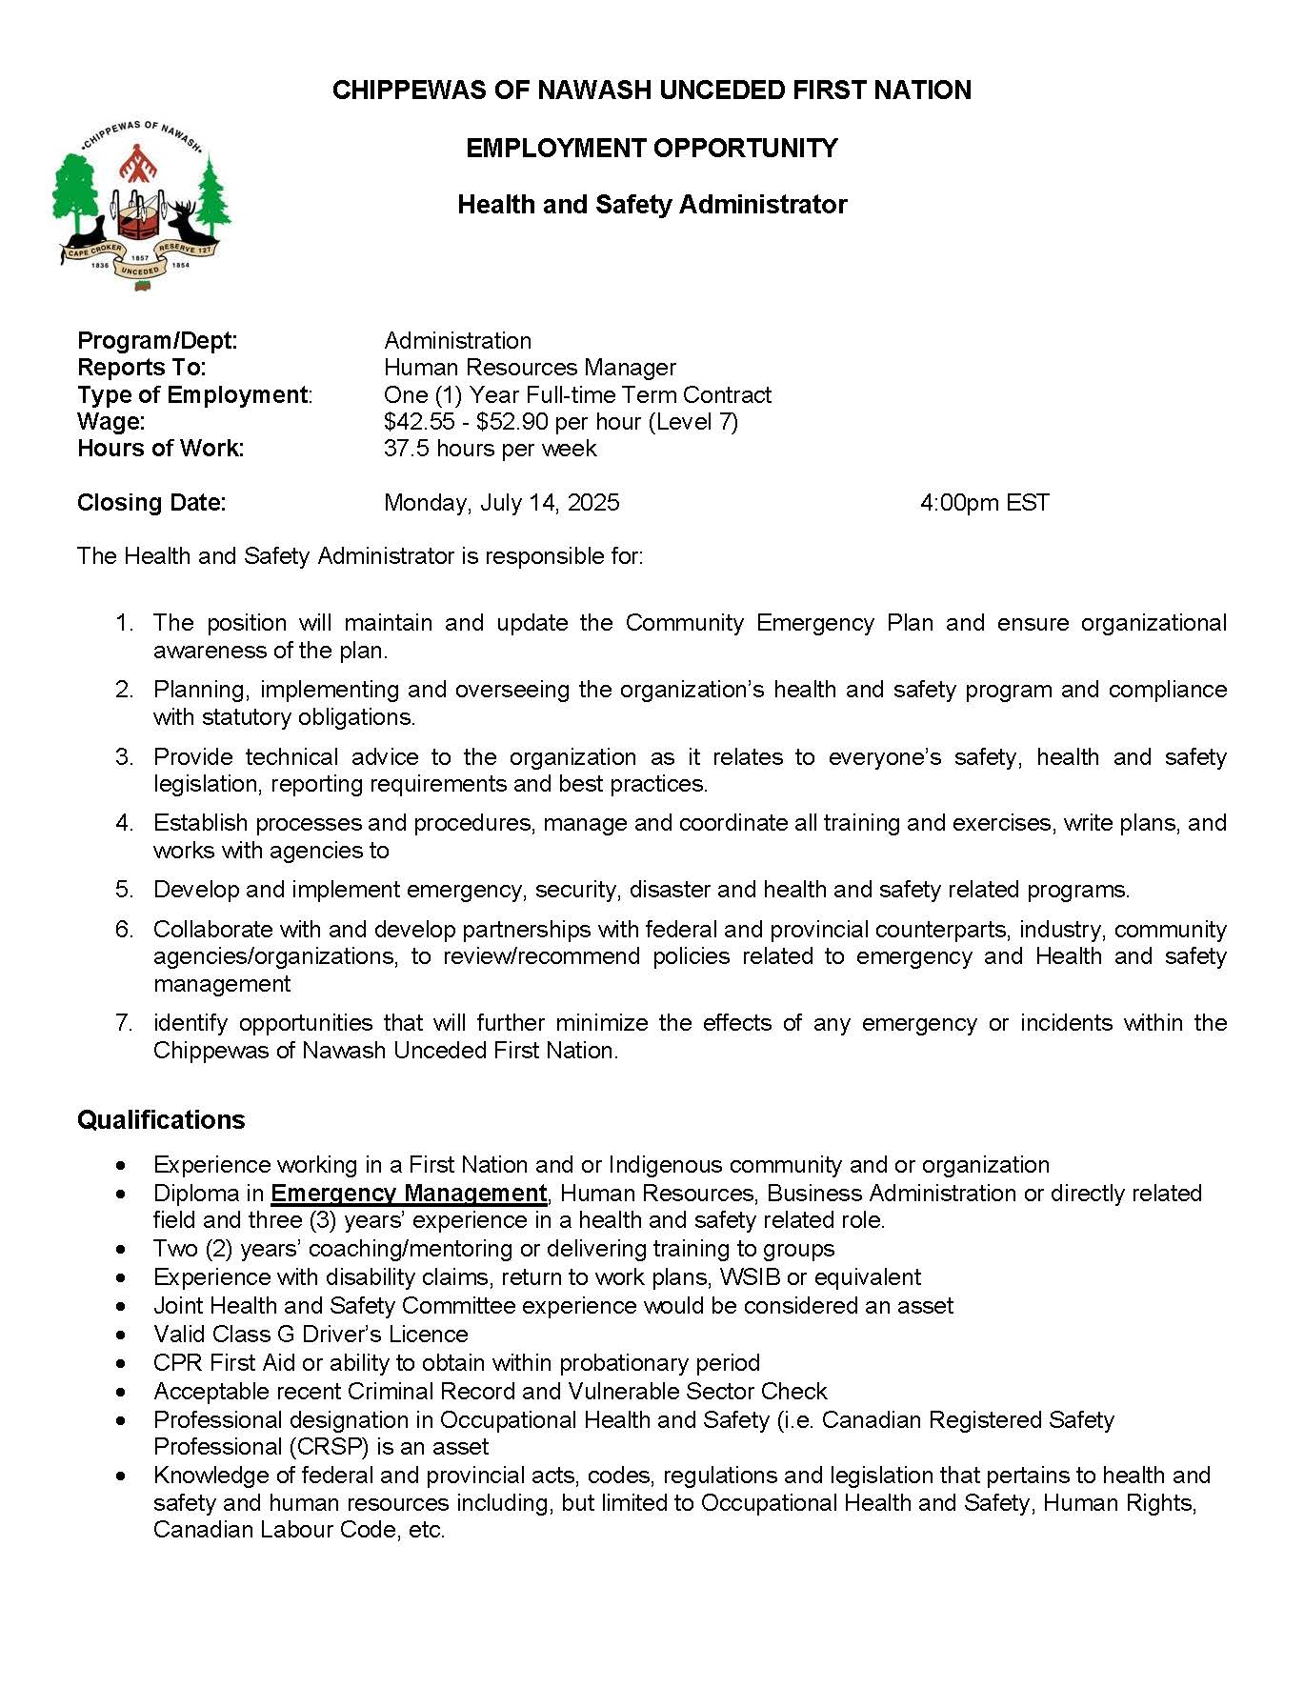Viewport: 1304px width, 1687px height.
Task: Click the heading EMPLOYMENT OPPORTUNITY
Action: (652, 148)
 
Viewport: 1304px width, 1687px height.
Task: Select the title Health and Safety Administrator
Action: (652, 205)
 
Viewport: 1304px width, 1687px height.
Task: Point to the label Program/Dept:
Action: (157, 340)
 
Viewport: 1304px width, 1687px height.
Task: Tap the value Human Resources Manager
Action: (530, 368)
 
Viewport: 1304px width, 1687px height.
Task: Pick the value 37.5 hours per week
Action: (490, 449)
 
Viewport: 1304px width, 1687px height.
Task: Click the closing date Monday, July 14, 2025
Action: (501, 503)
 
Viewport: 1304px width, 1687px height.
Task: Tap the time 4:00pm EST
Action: (984, 503)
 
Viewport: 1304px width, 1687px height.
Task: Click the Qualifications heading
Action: (161, 1119)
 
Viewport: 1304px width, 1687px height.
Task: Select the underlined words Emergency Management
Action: (409, 1193)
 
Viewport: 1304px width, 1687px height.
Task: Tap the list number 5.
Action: (124, 890)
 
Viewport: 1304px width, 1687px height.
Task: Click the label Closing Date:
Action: (151, 503)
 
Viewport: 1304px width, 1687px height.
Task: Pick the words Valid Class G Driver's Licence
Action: (311, 1334)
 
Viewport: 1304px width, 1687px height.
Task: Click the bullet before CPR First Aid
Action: (120, 1363)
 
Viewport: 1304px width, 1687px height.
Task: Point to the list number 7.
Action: (124, 1023)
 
